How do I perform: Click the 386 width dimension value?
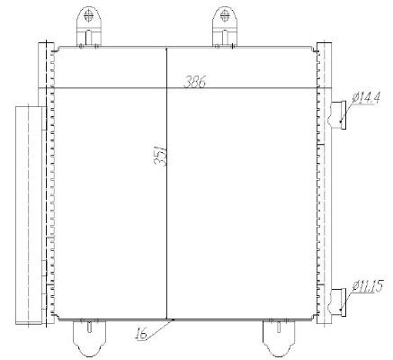[x=195, y=83]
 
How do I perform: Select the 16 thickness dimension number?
[x=141, y=335]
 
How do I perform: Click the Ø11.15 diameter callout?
[x=369, y=288]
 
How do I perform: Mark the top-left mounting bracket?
[x=89, y=24]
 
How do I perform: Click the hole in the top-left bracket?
[x=89, y=15]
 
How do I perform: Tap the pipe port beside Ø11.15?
[x=340, y=300]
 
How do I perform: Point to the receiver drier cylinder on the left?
[x=29, y=212]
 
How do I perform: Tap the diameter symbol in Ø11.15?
[x=356, y=288]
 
